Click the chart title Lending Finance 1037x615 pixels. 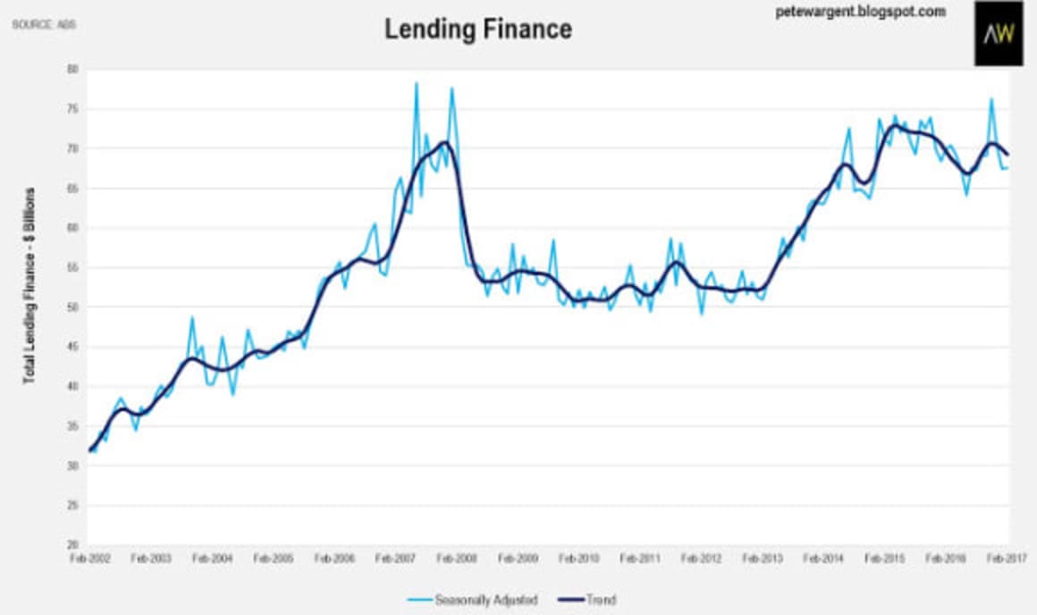(478, 29)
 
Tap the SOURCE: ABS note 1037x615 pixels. (44, 24)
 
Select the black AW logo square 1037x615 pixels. (999, 34)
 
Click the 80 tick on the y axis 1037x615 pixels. (73, 69)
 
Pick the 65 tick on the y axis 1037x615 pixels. (73, 189)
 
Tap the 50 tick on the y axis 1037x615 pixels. (73, 307)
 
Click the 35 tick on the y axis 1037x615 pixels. (73, 426)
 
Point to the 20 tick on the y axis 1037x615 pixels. (73, 545)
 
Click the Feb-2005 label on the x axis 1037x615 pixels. (274, 559)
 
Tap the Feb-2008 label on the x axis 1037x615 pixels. (457, 559)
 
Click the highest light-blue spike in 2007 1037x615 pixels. (416, 84)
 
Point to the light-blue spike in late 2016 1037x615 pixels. (991, 99)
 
